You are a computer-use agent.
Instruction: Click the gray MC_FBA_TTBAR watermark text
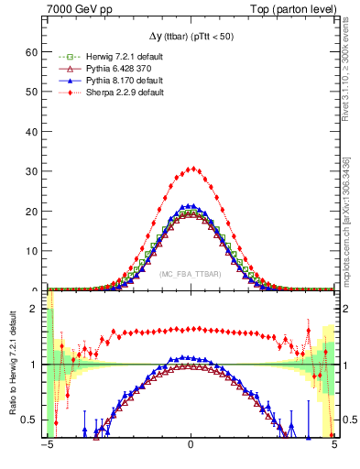pos(191,274)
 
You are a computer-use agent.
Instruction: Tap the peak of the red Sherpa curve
pos(191,169)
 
